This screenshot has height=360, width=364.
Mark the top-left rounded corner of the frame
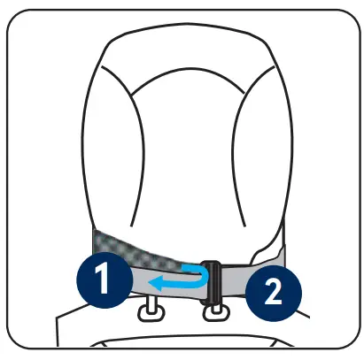[x=19, y=19]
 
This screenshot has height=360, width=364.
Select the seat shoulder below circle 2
[x=292, y=327]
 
